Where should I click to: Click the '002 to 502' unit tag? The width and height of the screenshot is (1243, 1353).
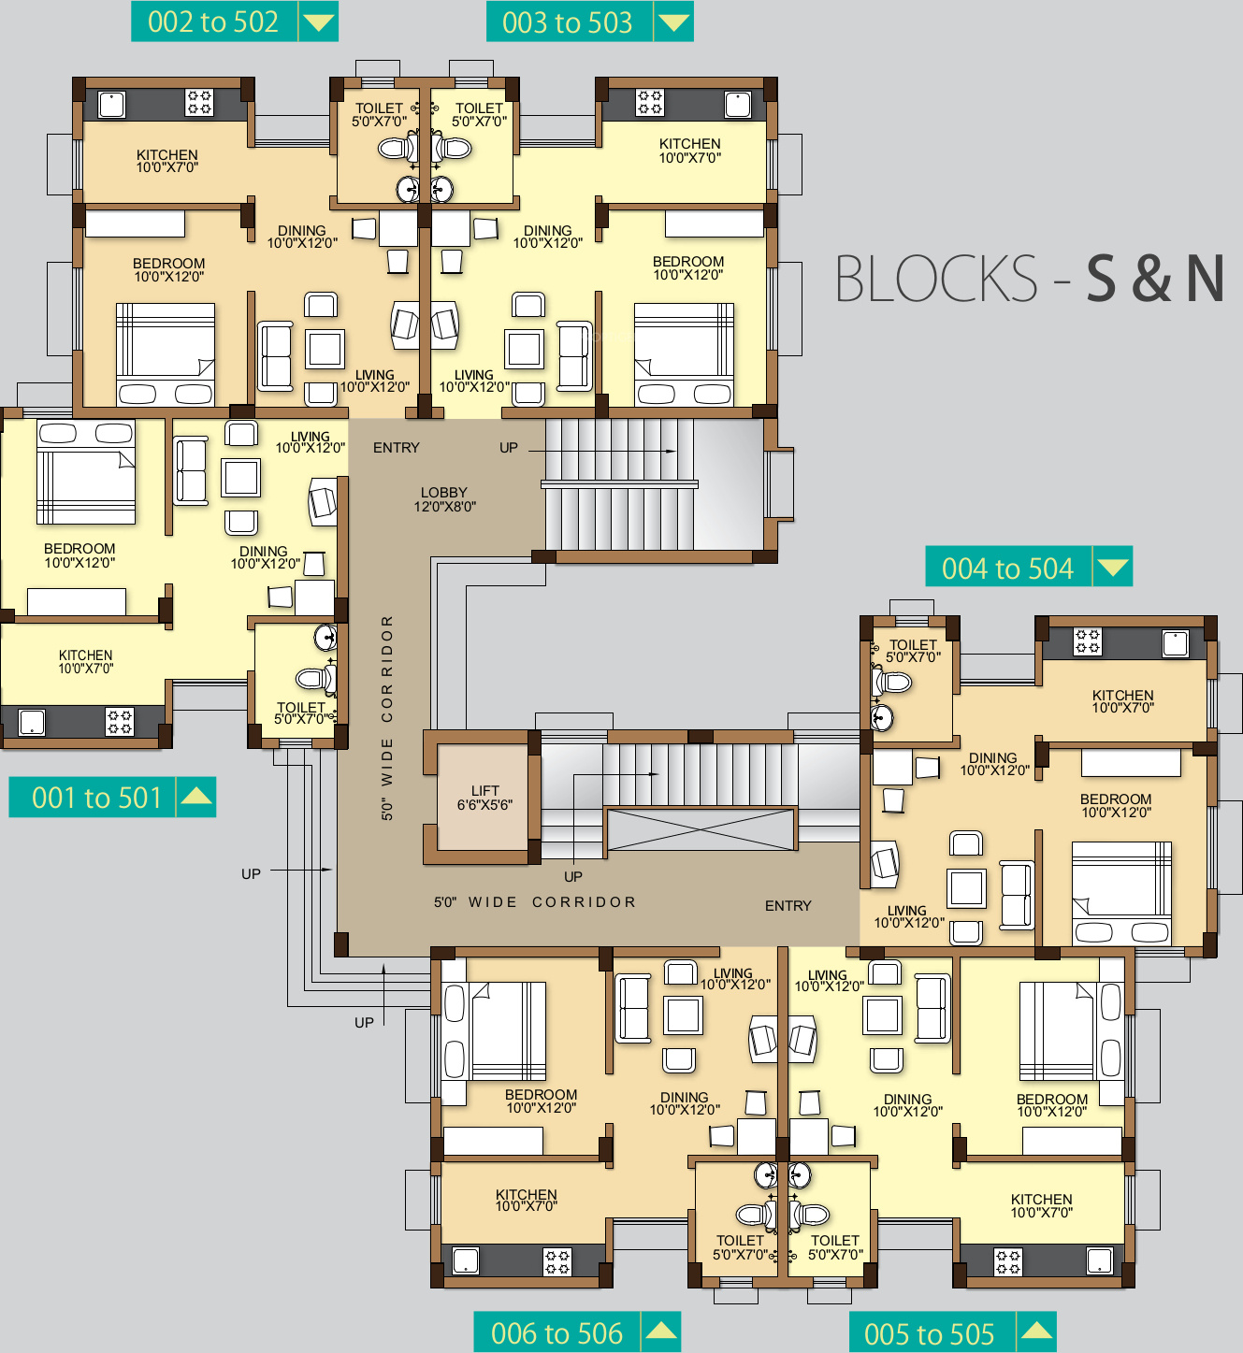[x=234, y=22]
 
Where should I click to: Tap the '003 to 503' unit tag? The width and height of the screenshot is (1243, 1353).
[x=589, y=22]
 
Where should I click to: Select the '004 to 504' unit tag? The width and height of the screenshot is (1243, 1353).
[x=1029, y=567]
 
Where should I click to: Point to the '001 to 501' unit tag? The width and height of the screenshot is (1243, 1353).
[x=112, y=798]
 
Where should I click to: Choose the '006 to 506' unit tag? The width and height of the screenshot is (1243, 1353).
[x=577, y=1332]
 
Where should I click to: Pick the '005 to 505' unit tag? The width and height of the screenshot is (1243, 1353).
[x=952, y=1332]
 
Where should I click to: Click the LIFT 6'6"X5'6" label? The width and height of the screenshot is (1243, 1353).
[x=485, y=798]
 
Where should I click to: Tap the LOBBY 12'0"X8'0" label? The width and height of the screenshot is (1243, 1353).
[x=444, y=499]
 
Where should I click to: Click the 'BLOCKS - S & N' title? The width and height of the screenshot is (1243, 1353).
[x=1029, y=278]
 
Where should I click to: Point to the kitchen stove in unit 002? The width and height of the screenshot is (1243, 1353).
[x=199, y=103]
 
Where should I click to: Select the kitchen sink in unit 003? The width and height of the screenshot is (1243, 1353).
[x=738, y=105]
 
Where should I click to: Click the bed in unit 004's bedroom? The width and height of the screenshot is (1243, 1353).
[x=1121, y=892]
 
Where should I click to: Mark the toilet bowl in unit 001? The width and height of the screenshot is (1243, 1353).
[x=314, y=678]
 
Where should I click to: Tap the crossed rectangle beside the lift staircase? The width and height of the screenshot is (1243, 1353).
[x=701, y=829]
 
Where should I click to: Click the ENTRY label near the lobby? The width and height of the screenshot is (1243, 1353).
[x=397, y=447]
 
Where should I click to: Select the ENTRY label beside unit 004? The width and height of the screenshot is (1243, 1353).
[x=788, y=905]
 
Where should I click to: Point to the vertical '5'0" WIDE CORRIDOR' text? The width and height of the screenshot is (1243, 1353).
[x=387, y=718]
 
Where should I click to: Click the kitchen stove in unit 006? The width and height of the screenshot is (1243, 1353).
[x=557, y=1262]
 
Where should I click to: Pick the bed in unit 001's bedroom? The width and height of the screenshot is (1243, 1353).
[x=86, y=472]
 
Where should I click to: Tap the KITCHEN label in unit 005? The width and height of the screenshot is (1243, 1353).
[x=1041, y=1199]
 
